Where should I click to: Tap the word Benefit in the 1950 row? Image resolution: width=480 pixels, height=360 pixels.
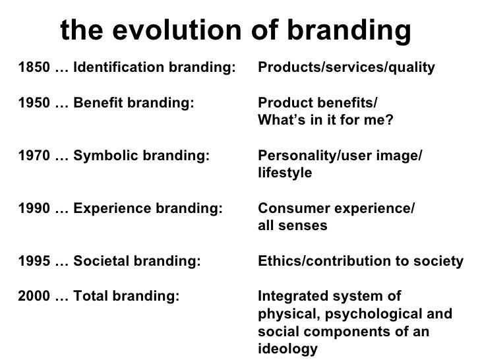tap(96, 104)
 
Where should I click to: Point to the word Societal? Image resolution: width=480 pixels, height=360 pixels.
tap(100, 262)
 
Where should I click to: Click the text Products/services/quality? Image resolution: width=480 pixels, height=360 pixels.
tap(346, 67)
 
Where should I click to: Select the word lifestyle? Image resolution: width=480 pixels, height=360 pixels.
tap(285, 173)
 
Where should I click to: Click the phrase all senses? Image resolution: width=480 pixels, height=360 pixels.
tap(291, 226)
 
